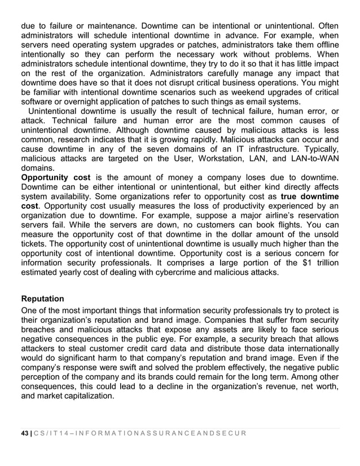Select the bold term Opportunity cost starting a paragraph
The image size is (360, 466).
click(x=55, y=178)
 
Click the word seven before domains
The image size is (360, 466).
click(x=148, y=147)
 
